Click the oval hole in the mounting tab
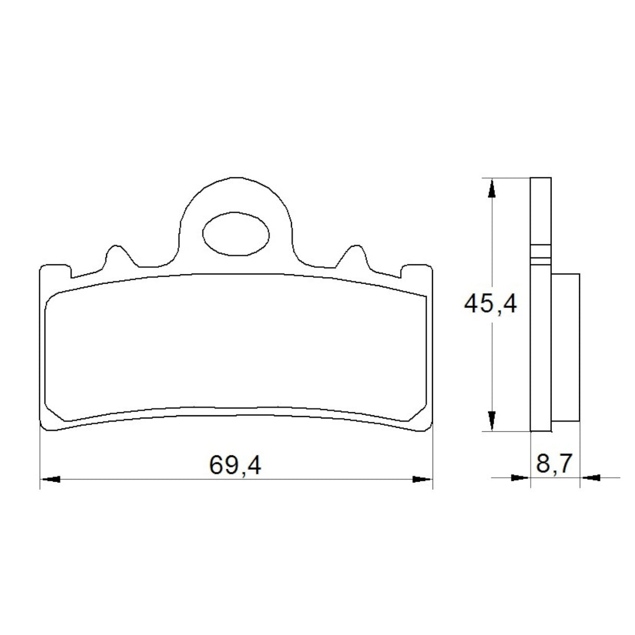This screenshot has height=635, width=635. click(x=235, y=235)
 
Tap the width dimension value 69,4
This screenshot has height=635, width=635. click(x=235, y=464)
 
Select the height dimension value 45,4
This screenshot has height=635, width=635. click(x=491, y=303)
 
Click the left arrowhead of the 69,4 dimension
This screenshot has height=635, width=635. click(x=51, y=478)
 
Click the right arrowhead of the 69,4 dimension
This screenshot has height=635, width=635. click(x=422, y=478)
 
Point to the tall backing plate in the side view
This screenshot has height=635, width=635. click(x=540, y=209)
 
